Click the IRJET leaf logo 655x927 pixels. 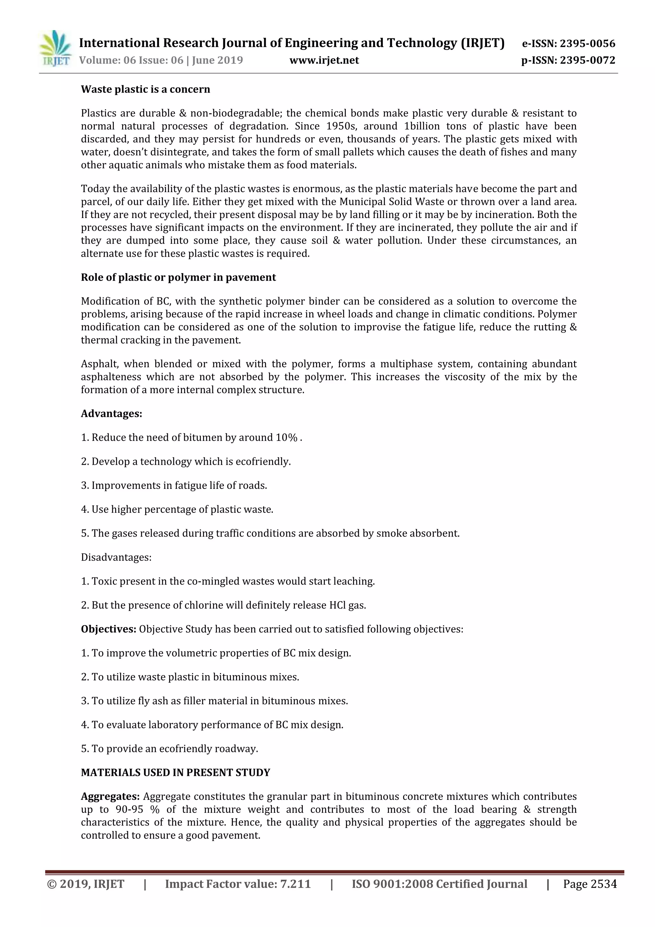click(56, 48)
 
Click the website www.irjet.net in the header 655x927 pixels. click(324, 60)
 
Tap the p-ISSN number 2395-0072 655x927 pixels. click(587, 60)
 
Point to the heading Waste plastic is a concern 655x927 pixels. click(145, 89)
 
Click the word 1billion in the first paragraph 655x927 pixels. click(422, 126)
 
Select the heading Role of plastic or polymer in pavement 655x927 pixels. click(178, 278)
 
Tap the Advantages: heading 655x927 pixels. click(111, 414)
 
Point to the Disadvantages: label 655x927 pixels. click(116, 557)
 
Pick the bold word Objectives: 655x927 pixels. click(108, 629)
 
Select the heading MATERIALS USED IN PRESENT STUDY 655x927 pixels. click(176, 772)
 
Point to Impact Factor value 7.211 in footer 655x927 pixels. click(238, 884)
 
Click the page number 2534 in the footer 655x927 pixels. click(604, 884)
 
